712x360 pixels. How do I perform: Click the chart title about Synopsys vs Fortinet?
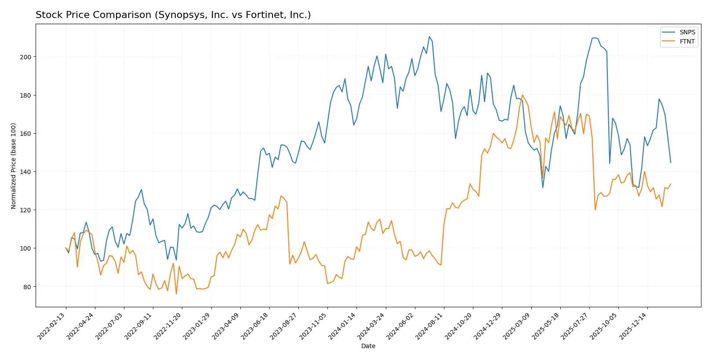(x=173, y=15)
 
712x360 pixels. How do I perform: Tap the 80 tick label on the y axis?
(x=27, y=287)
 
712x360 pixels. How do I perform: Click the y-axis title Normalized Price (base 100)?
(x=14, y=166)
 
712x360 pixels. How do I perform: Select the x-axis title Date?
(x=368, y=346)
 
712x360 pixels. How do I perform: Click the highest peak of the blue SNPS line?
(x=429, y=36)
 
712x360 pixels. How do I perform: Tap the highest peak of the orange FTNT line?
(x=522, y=95)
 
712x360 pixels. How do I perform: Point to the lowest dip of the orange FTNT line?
(x=176, y=294)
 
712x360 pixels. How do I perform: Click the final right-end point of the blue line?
(x=671, y=163)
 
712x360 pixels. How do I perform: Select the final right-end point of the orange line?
(x=671, y=184)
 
